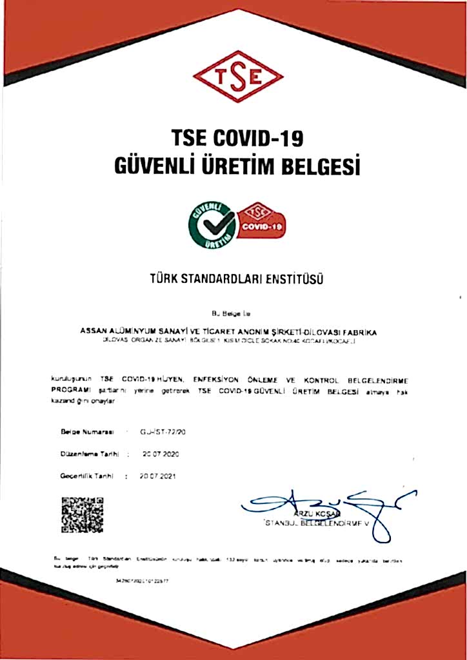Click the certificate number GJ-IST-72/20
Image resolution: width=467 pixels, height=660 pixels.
158,431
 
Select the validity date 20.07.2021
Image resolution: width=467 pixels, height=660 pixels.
158,476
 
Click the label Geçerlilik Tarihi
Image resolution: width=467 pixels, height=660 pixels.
87,476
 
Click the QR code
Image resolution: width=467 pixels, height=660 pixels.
82,516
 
